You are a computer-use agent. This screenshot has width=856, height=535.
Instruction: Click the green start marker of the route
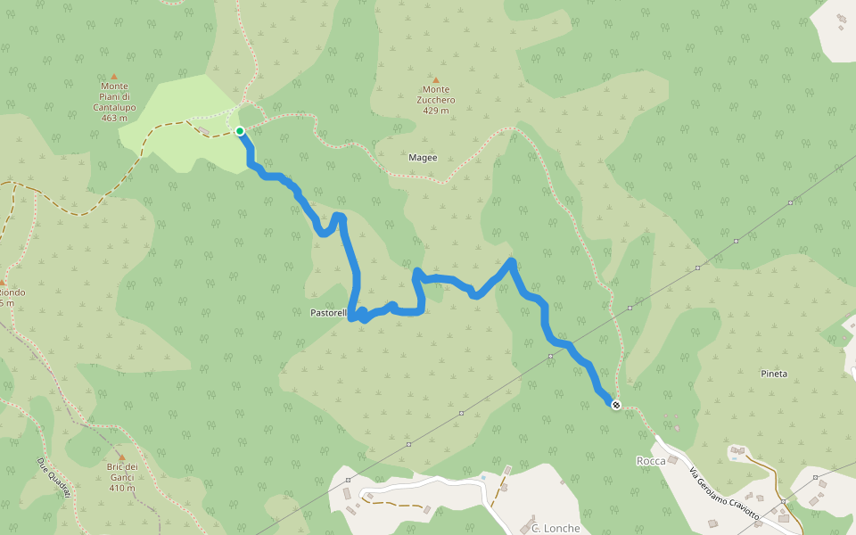click(240, 131)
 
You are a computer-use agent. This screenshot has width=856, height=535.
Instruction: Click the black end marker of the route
click(615, 405)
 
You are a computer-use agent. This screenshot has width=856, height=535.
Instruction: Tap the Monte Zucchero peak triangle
click(436, 79)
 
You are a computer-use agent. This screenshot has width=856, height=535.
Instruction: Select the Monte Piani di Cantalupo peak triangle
click(113, 77)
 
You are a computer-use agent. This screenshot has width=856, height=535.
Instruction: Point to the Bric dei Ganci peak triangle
click(121, 457)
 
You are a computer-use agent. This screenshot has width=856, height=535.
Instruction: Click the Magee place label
click(423, 158)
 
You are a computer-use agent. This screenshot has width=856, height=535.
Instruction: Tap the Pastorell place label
click(327, 313)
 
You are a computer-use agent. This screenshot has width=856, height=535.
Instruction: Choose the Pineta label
click(774, 374)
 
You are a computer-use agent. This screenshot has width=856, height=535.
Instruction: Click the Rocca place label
click(650, 461)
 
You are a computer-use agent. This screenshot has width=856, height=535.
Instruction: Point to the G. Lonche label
click(556, 528)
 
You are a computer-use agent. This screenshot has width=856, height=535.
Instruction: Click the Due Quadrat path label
click(53, 477)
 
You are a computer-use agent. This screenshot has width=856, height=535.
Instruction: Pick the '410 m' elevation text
click(121, 488)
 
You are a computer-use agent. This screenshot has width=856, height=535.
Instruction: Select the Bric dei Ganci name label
click(123, 467)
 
